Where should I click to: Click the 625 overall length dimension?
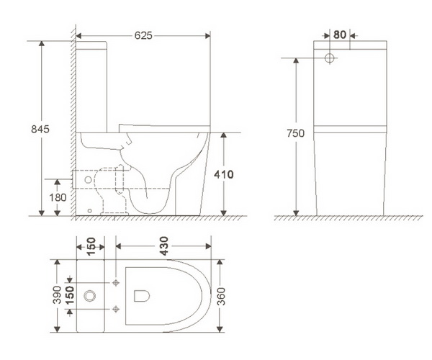coord(143,35)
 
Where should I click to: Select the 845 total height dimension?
coord(40,129)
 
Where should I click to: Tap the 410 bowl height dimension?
coord(224,174)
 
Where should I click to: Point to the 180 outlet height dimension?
coord(58,197)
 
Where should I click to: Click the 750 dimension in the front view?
coord(296,133)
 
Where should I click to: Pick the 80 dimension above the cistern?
coord(340,35)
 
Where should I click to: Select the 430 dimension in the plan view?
coord(163,246)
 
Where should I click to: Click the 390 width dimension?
coord(57,294)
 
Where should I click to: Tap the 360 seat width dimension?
coord(221,296)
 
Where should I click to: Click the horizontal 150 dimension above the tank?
coord(91,246)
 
